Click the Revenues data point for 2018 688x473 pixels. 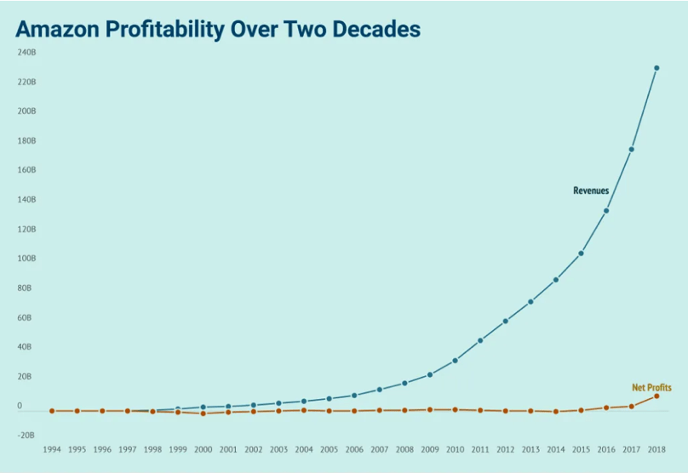[656, 68]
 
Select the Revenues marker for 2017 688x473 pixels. [631, 150]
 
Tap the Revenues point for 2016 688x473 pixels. [606, 211]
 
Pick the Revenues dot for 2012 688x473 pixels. [506, 322]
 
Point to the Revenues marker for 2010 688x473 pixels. [456, 361]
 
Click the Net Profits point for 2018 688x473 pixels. [656, 396]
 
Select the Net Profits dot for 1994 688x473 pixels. [52, 411]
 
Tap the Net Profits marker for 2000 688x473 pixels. [204, 413]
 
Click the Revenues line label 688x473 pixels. [591, 191]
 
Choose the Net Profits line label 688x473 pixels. [651, 387]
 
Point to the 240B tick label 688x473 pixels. [26, 53]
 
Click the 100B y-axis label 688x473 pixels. [26, 259]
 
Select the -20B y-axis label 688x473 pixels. [26, 435]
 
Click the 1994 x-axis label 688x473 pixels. [52, 449]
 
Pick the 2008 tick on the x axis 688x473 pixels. [404, 449]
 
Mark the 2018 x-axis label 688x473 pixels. [656, 449]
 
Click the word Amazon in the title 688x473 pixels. [58, 29]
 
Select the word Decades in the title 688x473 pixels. [376, 29]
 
